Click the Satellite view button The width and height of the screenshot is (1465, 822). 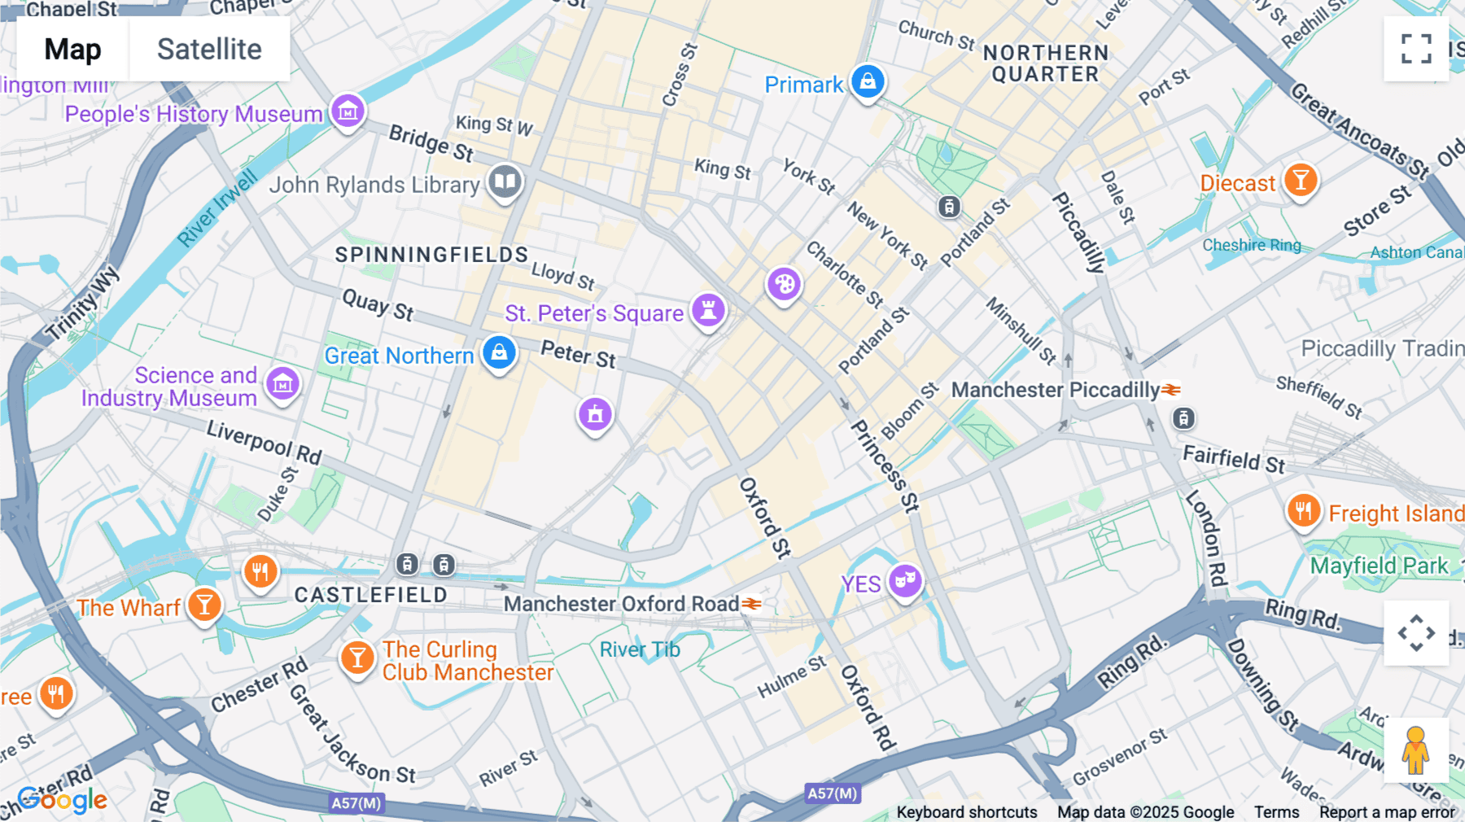coord(209,50)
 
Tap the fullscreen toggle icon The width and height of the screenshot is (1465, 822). coord(1416,49)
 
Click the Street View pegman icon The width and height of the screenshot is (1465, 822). coord(1415,750)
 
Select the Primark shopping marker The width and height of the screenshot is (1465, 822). coord(868,82)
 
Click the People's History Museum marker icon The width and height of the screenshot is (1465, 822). coord(348,111)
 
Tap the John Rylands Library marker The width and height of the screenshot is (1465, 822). coord(505,181)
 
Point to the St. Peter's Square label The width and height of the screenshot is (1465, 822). coord(594,313)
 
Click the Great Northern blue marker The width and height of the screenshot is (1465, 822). coord(499,353)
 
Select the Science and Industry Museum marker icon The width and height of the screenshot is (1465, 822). coord(282,383)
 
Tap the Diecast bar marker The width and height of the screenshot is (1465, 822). coord(1300,180)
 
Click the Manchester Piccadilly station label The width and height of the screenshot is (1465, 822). coord(1055,390)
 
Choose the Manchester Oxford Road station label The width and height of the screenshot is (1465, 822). coord(621,604)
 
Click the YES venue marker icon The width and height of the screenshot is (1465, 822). coord(905,581)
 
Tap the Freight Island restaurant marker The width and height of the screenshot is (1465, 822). coord(1303,512)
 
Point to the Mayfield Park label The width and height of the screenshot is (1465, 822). coord(1379,566)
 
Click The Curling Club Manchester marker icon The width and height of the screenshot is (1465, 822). coord(356,658)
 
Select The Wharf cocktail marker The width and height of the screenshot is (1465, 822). coord(204,606)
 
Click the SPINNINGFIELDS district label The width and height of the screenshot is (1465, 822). coord(431,255)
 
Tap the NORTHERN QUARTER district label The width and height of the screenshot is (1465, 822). coord(1045,63)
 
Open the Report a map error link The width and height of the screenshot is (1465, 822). coord(1386,812)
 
